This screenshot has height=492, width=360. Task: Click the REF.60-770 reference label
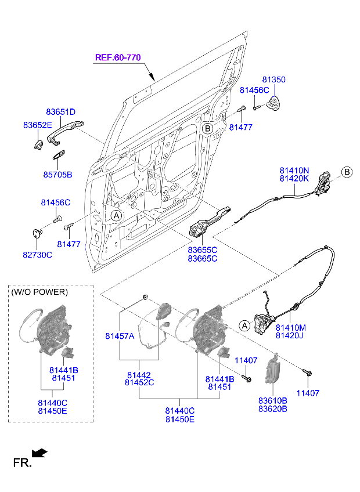118,57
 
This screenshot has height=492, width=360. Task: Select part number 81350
273,79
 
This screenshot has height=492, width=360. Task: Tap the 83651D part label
61,111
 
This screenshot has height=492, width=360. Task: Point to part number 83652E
38,125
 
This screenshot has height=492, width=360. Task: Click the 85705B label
57,174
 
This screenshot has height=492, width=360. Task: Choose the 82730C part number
38,255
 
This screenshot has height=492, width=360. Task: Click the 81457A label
120,336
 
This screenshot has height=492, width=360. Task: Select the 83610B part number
273,400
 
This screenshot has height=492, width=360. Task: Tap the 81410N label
294,170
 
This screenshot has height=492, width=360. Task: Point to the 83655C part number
202,249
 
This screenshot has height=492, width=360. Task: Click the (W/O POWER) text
39,292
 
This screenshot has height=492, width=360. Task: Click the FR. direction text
21,462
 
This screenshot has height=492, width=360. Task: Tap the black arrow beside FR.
40,453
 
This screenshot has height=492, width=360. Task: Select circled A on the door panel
116,215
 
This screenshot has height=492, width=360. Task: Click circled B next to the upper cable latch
347,172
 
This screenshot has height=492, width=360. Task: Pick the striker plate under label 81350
273,103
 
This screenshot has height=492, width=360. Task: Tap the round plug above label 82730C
37,233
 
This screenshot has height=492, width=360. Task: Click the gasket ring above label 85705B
59,154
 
